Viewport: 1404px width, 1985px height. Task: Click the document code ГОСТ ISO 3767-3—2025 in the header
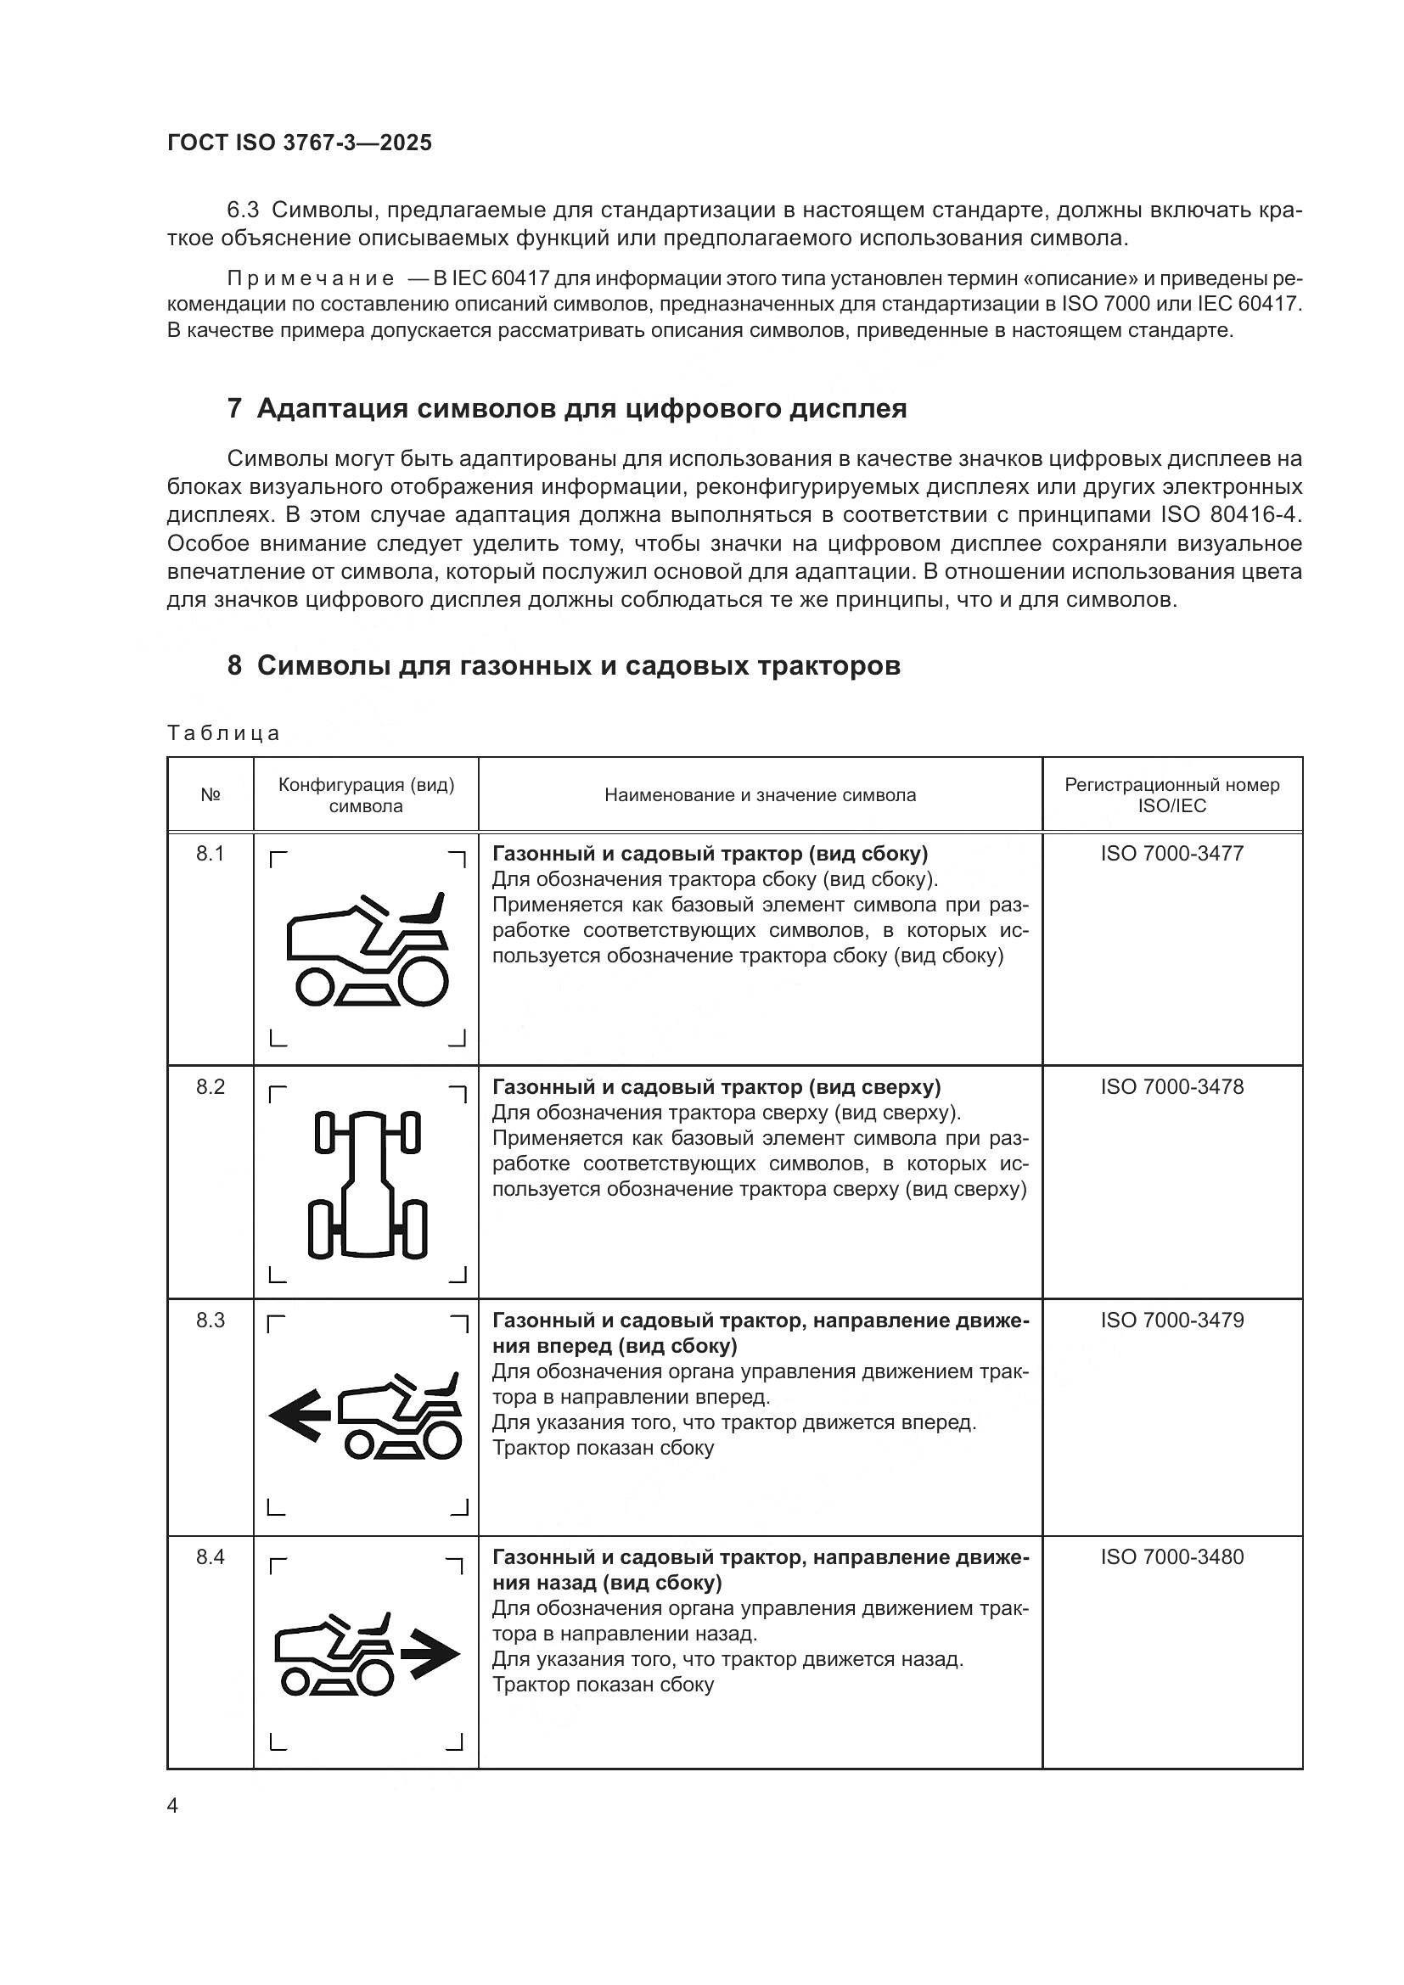[299, 143]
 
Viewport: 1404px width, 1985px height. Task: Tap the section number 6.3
[243, 210]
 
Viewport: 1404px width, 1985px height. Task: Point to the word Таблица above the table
[224, 733]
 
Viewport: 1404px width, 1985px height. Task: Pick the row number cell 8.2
[210, 1087]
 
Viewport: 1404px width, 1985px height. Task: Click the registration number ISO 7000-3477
[1171, 853]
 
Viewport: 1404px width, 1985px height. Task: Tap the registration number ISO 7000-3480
[1171, 1557]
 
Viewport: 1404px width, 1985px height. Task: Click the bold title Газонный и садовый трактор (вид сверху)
[716, 1087]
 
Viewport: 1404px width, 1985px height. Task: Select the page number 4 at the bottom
[173, 1806]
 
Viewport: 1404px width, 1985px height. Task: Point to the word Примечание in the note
[311, 278]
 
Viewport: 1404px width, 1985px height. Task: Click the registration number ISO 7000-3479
[1171, 1321]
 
